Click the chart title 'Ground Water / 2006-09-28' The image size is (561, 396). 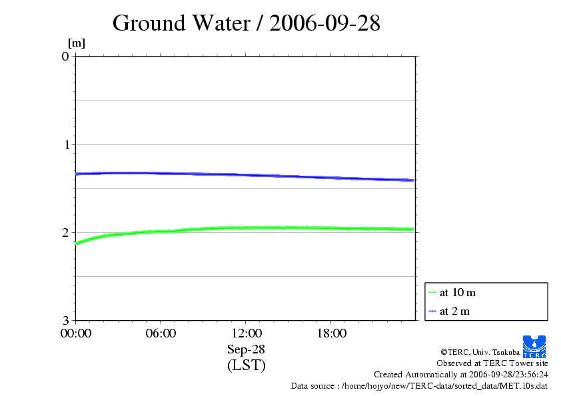[x=247, y=23]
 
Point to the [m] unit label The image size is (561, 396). [x=77, y=43]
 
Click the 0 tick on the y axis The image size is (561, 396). [x=65, y=56]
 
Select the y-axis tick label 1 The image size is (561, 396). [x=65, y=144]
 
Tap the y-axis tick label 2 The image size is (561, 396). [x=65, y=232]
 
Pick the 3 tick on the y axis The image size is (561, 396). [x=65, y=320]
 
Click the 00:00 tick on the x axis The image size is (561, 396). [x=75, y=333]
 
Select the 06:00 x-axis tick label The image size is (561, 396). [x=161, y=333]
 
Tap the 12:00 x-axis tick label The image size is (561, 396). [x=246, y=333]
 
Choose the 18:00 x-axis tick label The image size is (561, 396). [x=331, y=333]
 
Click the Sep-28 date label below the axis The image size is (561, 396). [x=246, y=349]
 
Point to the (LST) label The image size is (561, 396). [x=246, y=365]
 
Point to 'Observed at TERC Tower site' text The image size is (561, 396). [x=492, y=363]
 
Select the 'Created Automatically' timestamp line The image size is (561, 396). [x=461, y=375]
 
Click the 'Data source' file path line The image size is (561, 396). [x=419, y=386]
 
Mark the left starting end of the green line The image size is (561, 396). [x=77, y=244]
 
